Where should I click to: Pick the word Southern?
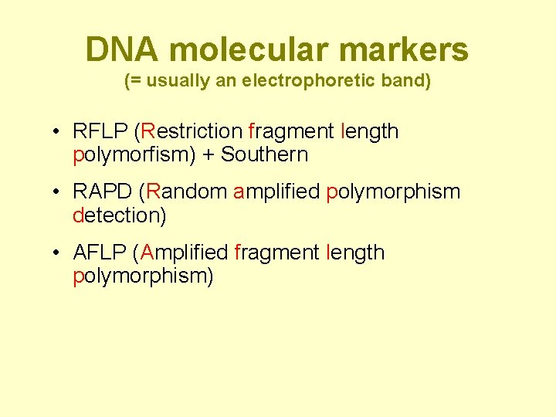[x=265, y=154]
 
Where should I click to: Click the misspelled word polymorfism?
[x=132, y=155]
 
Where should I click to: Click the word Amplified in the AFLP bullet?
[x=184, y=253]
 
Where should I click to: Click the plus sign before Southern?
[x=208, y=155]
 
